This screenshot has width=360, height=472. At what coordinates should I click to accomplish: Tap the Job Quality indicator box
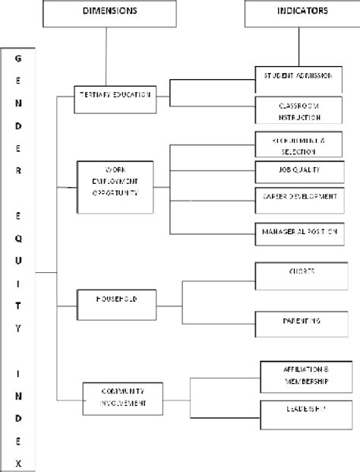[294, 170]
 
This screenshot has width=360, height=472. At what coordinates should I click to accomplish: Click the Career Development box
[294, 197]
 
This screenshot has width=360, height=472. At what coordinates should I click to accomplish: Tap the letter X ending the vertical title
[17, 460]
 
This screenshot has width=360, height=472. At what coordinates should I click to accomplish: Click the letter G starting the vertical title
[17, 59]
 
